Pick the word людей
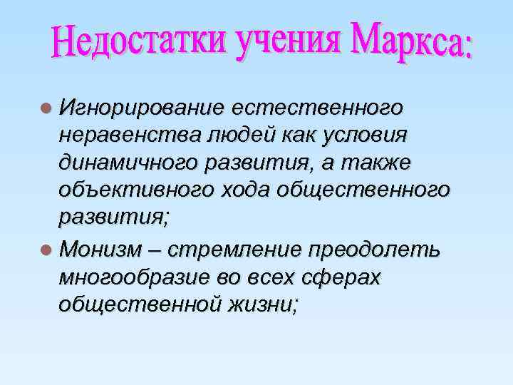pyautogui.click(x=208, y=135)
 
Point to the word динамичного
pyautogui.click(x=116, y=163)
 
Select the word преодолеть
pyautogui.click(x=375, y=252)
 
